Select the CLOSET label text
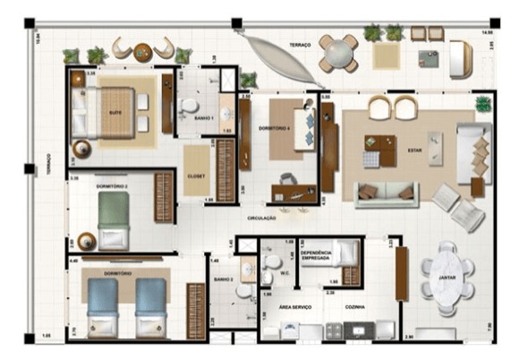pyautogui.click(x=196, y=176)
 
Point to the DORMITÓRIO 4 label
pyautogui.click(x=273, y=129)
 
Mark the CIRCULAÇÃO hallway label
pyautogui.click(x=262, y=218)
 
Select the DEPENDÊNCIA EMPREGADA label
pyautogui.click(x=318, y=256)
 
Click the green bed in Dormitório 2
pyautogui.click(x=114, y=218)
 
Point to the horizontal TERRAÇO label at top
pyautogui.click(x=300, y=43)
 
